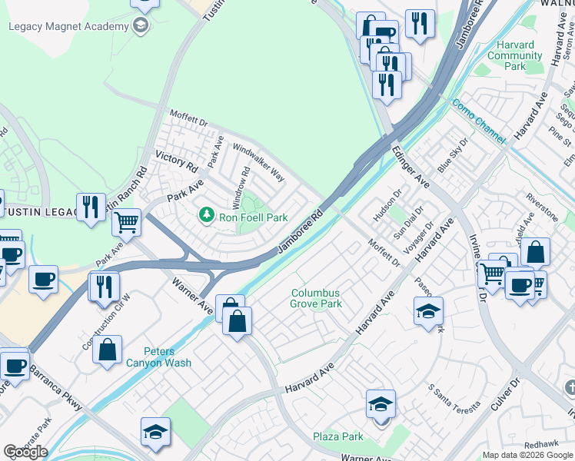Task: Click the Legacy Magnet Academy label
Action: coord(68,27)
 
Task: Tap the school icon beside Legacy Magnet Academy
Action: coord(140,27)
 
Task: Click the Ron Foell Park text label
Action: coord(254,218)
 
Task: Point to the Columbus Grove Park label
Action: coord(316,298)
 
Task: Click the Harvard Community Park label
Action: coord(515,55)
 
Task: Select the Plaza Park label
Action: coord(338,436)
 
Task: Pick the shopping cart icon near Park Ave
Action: coord(127,223)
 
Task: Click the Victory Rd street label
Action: coord(177,161)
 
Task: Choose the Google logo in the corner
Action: coord(25,452)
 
